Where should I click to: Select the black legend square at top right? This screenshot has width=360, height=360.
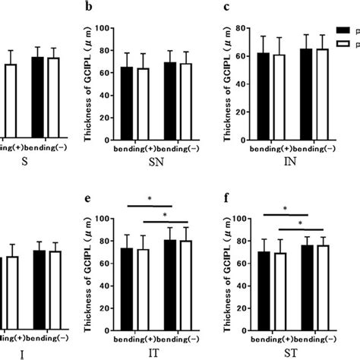point(344,31)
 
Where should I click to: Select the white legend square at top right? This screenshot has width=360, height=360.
point(344,45)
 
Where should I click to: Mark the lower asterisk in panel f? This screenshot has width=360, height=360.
point(302,223)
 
